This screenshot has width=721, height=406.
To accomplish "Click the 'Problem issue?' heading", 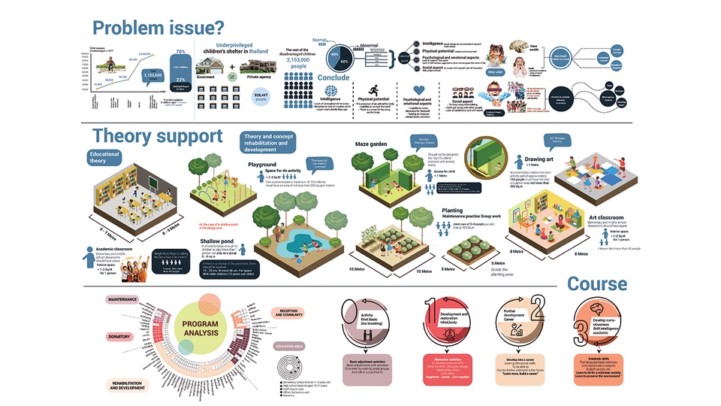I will pos(158,29).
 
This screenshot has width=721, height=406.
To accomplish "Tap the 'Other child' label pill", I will pos(495,73).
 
